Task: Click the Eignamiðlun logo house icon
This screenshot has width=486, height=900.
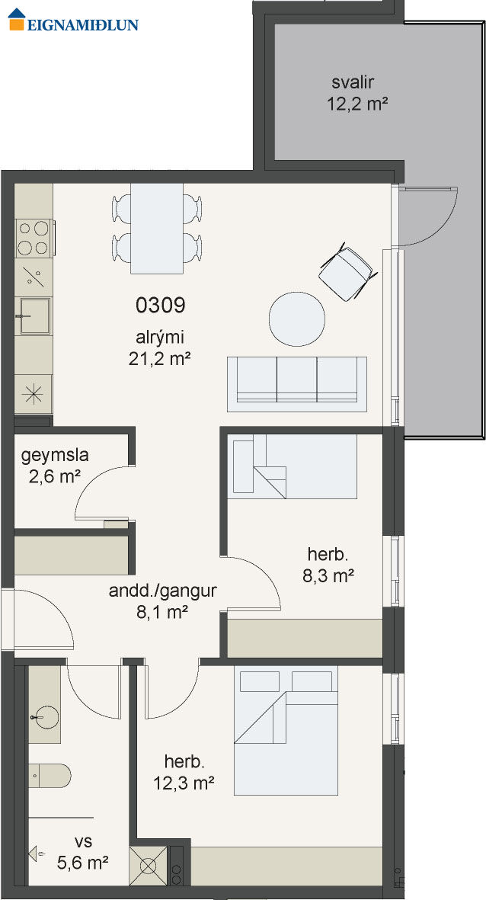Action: [17, 19]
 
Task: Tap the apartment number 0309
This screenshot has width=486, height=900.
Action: [161, 306]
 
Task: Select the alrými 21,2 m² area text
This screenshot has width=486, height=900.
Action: [159, 348]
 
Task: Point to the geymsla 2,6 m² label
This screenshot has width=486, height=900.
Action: [55, 466]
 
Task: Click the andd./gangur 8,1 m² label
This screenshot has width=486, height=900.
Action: [162, 601]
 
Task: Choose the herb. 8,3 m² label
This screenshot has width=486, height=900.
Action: [328, 565]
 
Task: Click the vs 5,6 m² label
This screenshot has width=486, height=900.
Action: [83, 852]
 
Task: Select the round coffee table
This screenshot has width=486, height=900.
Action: [297, 319]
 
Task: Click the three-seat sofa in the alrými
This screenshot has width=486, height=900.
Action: [296, 384]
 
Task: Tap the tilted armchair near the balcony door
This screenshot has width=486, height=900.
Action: [348, 272]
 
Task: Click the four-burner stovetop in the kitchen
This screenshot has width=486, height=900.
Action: [34, 239]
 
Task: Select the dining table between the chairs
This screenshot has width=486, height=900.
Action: [157, 229]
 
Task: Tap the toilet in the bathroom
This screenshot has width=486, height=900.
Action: [50, 776]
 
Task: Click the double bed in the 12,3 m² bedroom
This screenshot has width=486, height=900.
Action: [286, 730]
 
